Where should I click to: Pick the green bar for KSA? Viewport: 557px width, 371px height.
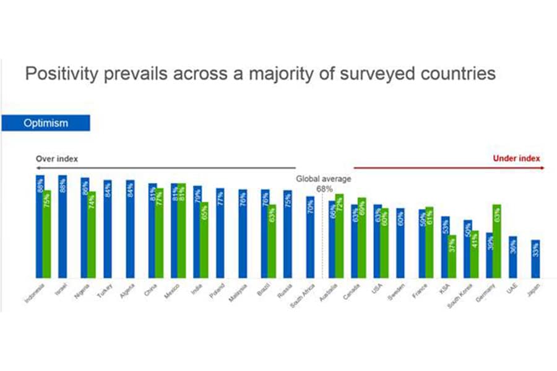452,257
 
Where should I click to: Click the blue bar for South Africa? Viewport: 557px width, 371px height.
310,237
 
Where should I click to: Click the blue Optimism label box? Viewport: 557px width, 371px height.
46,123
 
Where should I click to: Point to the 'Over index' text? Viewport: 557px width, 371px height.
57,159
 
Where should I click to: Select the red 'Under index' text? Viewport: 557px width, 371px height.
516,158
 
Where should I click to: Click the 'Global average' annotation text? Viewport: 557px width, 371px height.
322,179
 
